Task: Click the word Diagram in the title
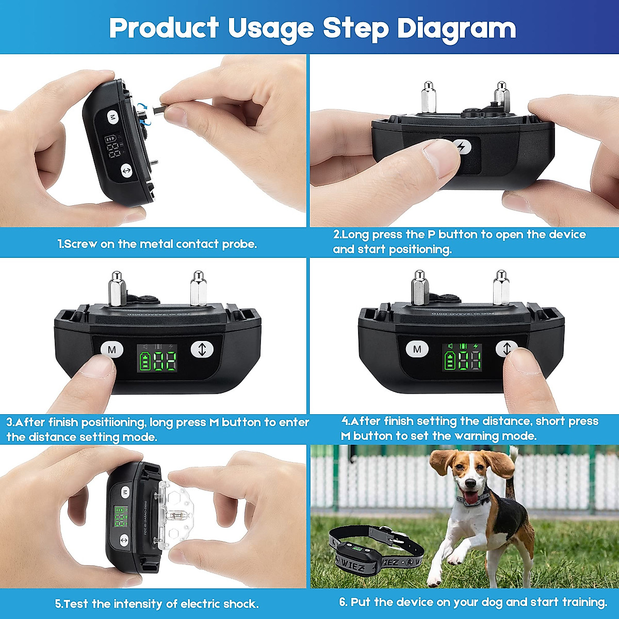(457, 28)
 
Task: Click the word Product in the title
(164, 28)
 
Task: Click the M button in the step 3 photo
(112, 350)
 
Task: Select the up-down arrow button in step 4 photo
(507, 349)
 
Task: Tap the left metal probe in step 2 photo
(428, 98)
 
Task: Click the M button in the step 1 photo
(113, 117)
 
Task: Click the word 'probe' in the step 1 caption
(239, 244)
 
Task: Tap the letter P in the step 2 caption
(432, 235)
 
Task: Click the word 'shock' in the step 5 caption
(240, 604)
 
